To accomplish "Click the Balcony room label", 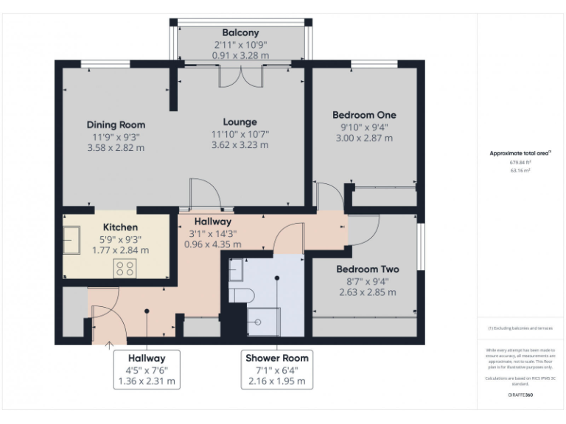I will (x=240, y=33).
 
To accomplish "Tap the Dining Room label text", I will (x=116, y=124).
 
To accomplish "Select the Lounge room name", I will (x=240, y=122).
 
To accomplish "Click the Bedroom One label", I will (x=364, y=115).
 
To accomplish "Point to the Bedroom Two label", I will (x=368, y=269).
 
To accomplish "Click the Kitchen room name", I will (x=120, y=227).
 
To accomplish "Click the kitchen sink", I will (x=72, y=241).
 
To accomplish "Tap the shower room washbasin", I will (x=236, y=272).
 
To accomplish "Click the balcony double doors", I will (x=240, y=77).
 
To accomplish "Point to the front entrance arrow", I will (x=109, y=343).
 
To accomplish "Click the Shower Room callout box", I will (x=277, y=370).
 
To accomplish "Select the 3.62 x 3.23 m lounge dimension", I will (x=240, y=145).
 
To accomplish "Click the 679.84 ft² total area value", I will (x=520, y=163).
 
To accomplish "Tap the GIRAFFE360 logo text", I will (x=520, y=395).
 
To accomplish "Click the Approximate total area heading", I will (x=520, y=153).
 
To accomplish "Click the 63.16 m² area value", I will (x=520, y=170).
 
